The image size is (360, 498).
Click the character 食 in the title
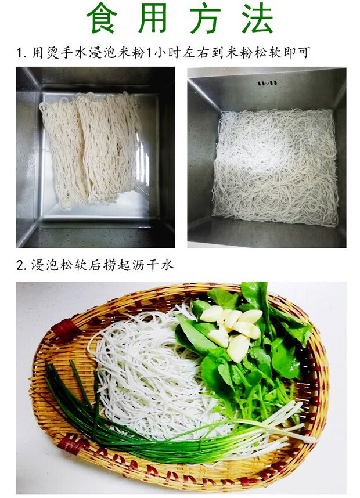coord(101,19)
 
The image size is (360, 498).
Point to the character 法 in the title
coord(257,19)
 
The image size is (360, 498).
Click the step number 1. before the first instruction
coord(21,53)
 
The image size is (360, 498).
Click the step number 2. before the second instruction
coord(21,266)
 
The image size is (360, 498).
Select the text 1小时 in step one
coord(167,53)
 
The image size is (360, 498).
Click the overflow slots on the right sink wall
coord(267,83)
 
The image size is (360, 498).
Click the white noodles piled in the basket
coord(145,371)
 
